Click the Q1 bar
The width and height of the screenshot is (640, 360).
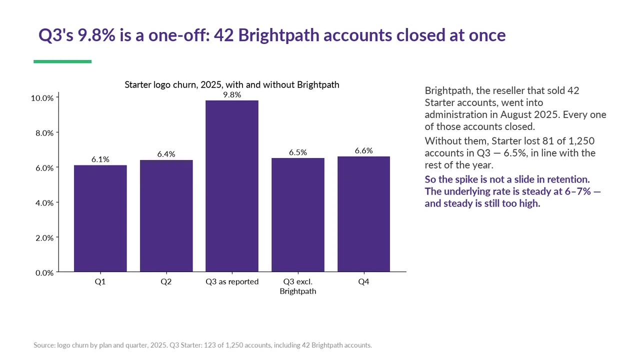(100, 218)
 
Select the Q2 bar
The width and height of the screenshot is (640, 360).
(166, 215)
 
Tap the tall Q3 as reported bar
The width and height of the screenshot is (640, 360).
(232, 186)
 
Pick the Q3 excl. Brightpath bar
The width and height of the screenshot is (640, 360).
(298, 215)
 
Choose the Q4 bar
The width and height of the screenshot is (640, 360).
(363, 214)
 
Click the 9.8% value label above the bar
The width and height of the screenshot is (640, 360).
(232, 95)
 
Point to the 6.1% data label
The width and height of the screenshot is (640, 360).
(100, 159)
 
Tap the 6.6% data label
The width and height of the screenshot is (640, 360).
(363, 150)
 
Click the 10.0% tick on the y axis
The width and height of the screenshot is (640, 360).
(42, 98)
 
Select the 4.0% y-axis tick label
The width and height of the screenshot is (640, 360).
(44, 203)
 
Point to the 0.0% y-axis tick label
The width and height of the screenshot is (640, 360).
(44, 273)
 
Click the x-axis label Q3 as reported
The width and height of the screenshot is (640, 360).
(232, 281)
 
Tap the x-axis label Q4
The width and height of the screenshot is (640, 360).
(363, 281)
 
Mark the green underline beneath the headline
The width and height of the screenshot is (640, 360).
(62, 61)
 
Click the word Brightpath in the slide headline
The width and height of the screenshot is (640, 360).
(278, 35)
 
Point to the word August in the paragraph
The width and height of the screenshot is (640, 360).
(516, 114)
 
